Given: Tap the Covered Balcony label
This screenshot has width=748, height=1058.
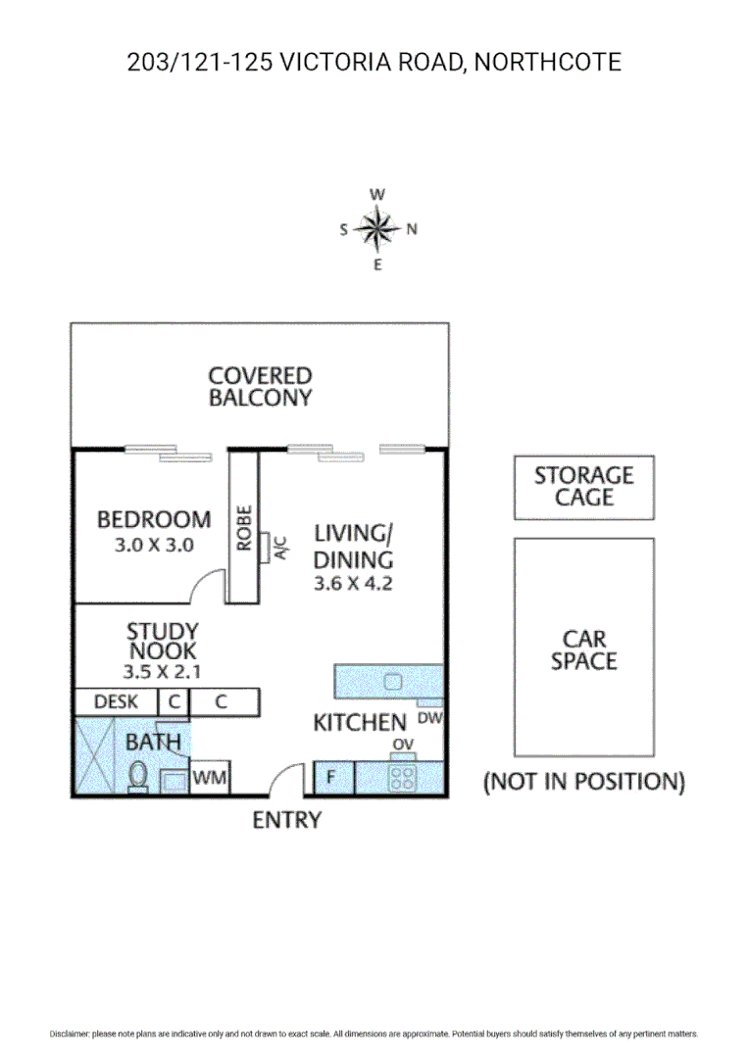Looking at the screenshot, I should [260, 386].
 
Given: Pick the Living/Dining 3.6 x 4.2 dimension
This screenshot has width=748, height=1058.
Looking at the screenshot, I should [353, 584].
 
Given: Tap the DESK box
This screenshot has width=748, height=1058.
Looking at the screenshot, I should [115, 701].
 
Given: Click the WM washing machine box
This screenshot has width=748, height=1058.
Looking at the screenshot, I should [209, 778].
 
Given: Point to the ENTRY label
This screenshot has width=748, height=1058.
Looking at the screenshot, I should [286, 821].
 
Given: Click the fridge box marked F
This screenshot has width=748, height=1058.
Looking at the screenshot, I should [332, 779].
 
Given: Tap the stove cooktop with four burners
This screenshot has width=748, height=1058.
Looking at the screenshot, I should [402, 778].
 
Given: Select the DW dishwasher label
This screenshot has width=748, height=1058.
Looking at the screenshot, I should [430, 717].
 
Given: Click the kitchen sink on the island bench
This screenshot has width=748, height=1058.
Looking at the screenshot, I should [393, 682].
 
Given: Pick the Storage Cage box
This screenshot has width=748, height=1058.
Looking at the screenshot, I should [583, 487].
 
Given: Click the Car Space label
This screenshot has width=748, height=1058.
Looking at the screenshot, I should [583, 650].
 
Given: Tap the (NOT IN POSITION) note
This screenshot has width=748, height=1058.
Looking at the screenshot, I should [583, 782].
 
